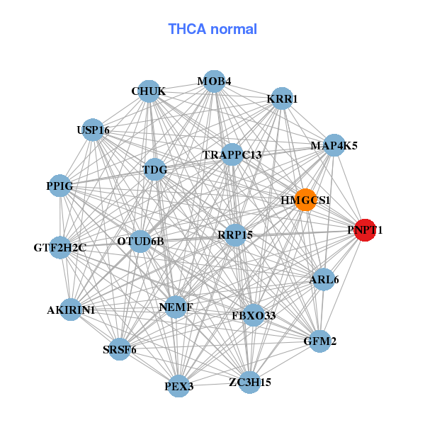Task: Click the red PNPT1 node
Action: click(x=365, y=230)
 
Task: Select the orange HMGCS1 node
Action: click(x=305, y=200)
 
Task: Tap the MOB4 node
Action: click(x=214, y=81)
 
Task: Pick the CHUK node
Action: click(x=149, y=91)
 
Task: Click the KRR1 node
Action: click(x=282, y=99)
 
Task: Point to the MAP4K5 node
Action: click(x=334, y=146)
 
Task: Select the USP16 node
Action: click(x=93, y=130)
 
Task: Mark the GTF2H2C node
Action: click(x=60, y=248)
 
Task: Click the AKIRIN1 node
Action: click(x=71, y=310)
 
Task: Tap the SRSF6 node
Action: click(x=120, y=349)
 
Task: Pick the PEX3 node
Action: click(x=179, y=386)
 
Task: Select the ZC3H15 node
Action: click(x=249, y=382)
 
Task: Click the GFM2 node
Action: click(x=320, y=341)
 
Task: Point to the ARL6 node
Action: click(x=324, y=279)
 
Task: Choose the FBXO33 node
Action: click(x=254, y=314)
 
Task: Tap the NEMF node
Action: click(x=176, y=307)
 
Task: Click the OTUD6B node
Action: click(x=140, y=242)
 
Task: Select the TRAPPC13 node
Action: click(x=232, y=154)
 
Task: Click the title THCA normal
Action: click(x=212, y=29)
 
